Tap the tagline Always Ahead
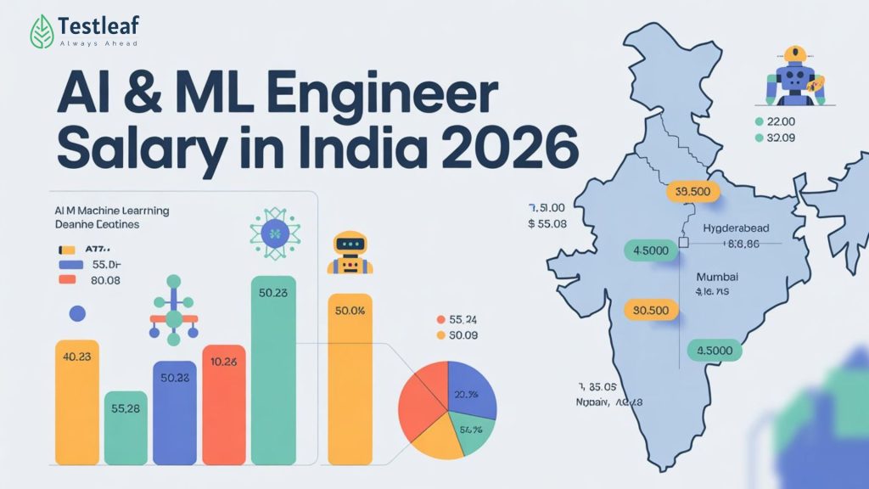click(98, 43)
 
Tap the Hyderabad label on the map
click(737, 228)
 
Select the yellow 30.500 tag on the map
click(652, 311)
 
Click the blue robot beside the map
click(794, 77)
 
